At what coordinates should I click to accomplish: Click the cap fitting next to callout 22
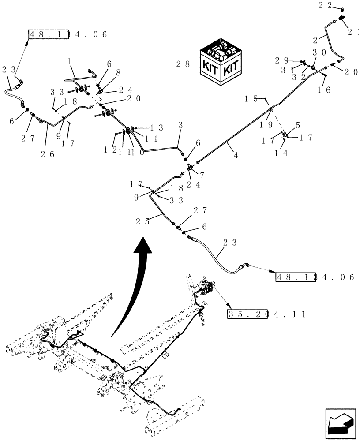point(342,9)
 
